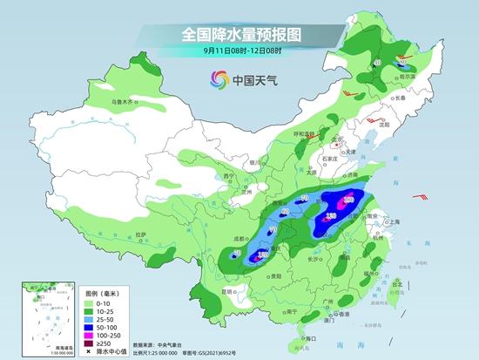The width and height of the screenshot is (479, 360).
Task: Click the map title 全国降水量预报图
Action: click(239, 35)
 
